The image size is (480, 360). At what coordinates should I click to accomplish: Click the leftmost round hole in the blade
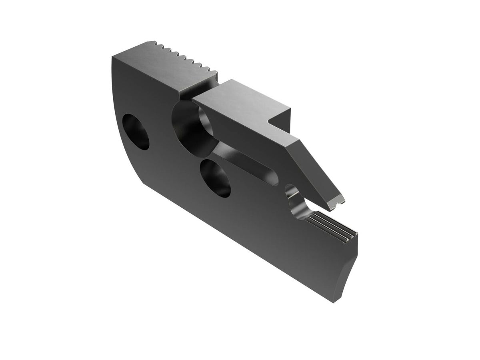click(x=136, y=132)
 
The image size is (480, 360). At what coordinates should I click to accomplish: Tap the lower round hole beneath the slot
click(x=215, y=178)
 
